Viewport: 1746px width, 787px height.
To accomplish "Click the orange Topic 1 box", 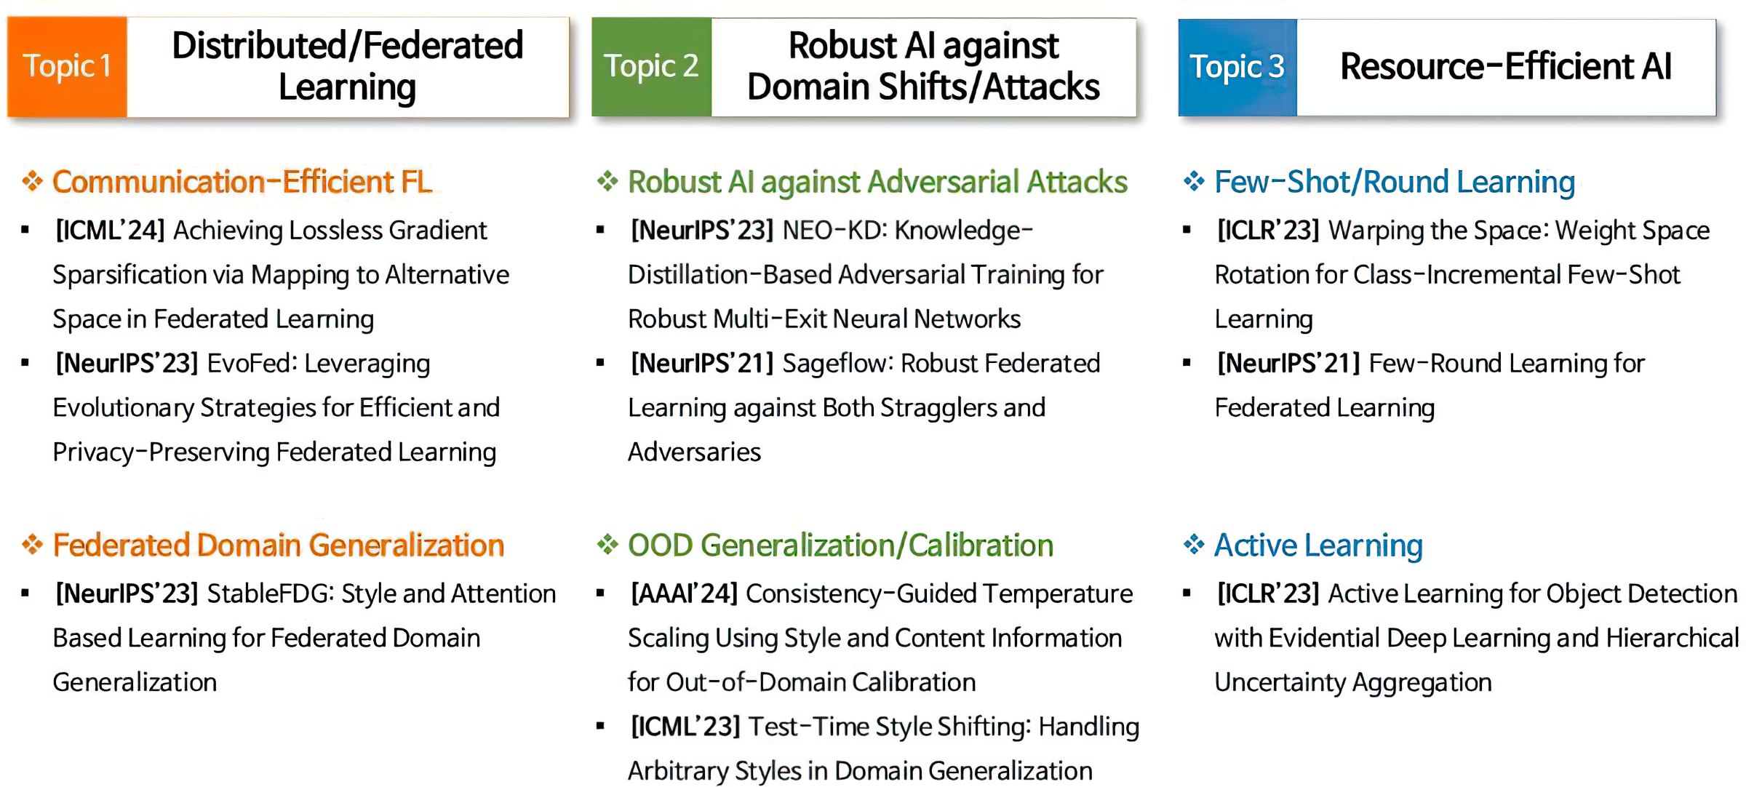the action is [67, 67].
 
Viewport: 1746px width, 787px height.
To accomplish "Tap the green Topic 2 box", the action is [651, 67].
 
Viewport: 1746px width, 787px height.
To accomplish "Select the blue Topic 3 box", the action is [1237, 67].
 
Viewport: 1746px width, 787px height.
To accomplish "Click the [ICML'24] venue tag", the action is [110, 231].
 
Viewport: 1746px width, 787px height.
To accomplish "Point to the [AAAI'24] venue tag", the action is [684, 594].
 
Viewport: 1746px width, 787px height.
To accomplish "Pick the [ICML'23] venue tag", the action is [685, 727].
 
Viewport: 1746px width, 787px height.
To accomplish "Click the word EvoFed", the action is [252, 363].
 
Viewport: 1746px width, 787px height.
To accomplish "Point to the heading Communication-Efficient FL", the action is [242, 182].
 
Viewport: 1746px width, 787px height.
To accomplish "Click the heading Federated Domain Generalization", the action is [279, 545].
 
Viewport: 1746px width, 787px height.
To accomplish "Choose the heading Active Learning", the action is [1318, 546].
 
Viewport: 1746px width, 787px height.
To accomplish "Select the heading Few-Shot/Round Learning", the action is [1395, 182].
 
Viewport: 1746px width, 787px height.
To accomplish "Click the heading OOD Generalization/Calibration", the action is [840, 546].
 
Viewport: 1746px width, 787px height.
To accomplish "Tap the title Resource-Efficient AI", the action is [1506, 66].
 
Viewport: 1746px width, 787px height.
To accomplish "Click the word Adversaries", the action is [694, 452].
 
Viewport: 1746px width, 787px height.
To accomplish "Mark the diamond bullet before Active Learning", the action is [1194, 544].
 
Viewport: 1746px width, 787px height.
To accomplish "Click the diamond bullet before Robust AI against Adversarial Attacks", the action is [607, 180].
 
